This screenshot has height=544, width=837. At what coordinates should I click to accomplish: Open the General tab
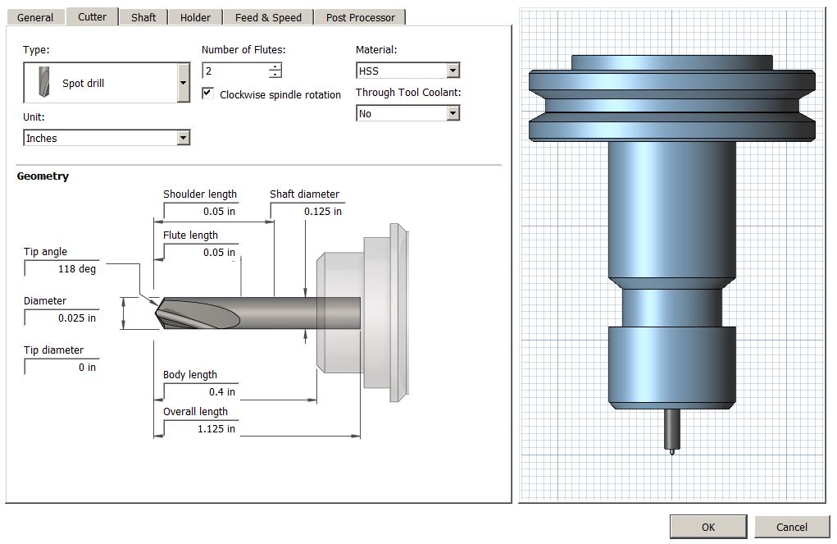pyautogui.click(x=35, y=17)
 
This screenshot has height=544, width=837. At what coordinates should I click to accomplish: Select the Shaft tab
pyautogui.click(x=143, y=17)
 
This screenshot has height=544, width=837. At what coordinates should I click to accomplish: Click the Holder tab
pyautogui.click(x=195, y=17)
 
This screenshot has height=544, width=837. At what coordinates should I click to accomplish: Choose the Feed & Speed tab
pyautogui.click(x=268, y=17)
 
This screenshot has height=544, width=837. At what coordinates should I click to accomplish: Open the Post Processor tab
pyautogui.click(x=361, y=17)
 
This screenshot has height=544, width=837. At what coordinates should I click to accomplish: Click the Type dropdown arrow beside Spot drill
pyautogui.click(x=183, y=83)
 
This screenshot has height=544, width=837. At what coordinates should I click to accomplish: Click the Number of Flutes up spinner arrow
pyautogui.click(x=275, y=66)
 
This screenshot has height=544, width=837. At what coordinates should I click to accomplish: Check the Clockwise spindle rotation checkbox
pyautogui.click(x=207, y=94)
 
